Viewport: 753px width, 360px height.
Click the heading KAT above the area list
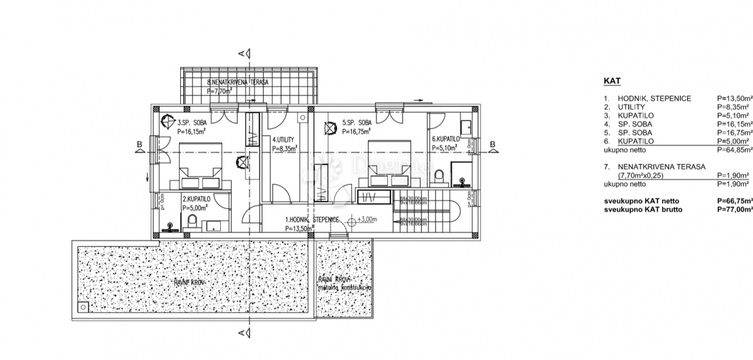point(612,82)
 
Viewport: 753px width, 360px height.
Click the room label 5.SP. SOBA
point(357,123)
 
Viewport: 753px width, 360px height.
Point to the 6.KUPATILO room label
point(447,139)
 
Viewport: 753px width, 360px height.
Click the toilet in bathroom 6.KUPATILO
point(439,175)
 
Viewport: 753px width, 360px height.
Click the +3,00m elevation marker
point(367,220)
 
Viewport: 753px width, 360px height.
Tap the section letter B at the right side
point(493,145)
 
